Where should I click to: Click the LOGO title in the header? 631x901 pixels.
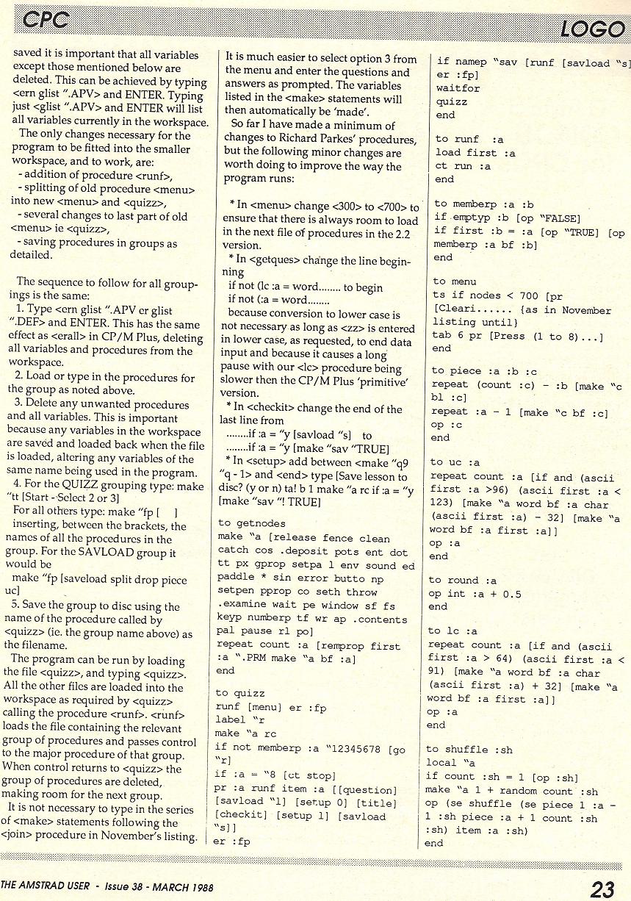(x=591, y=29)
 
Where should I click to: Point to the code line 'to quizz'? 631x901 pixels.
(x=239, y=693)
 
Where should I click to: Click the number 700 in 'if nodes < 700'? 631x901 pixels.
(x=527, y=295)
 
